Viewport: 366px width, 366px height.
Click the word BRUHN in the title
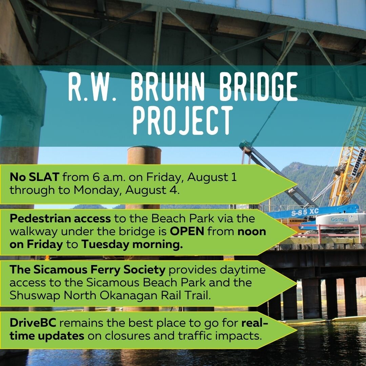(165, 86)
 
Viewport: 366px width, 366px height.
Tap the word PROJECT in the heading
(183, 120)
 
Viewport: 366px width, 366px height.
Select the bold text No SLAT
(34, 177)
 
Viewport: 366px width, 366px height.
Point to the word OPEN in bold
(187, 231)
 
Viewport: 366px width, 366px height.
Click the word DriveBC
(33, 323)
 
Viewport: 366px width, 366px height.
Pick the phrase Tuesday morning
(132, 244)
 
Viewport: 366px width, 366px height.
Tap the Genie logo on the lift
(337, 220)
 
